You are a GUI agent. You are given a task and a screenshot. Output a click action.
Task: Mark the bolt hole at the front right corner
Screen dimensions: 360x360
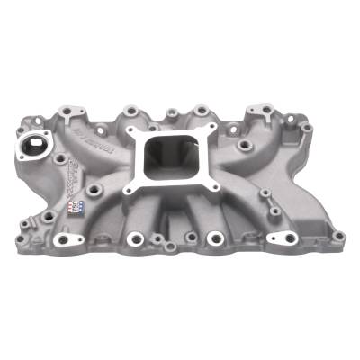click(338, 237)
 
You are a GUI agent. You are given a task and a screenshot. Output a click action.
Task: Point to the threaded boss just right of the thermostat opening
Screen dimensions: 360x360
click(61, 157)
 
